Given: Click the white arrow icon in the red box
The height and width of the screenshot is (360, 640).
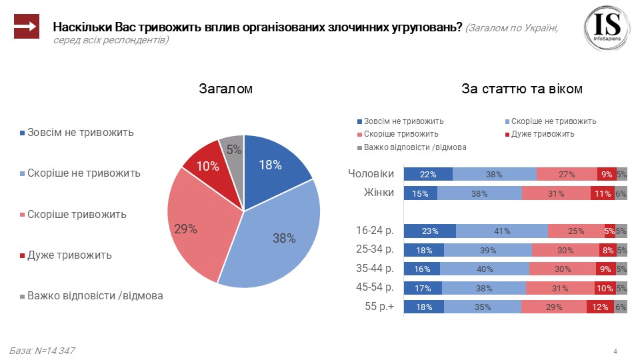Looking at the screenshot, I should click(x=27, y=27).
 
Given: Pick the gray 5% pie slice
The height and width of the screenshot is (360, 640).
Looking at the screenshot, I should click(x=233, y=149).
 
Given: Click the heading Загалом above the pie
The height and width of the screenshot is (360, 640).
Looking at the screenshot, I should click(x=225, y=89).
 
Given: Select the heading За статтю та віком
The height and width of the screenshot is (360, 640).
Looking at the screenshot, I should click(x=522, y=89).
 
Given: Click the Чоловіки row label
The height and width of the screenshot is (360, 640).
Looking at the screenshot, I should click(x=371, y=174).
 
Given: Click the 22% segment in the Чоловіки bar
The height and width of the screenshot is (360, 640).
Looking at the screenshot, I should click(x=428, y=175).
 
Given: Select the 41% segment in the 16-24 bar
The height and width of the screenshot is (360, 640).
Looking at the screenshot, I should click(x=502, y=231).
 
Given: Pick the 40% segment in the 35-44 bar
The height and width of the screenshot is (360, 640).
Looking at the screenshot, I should click(x=485, y=269).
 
